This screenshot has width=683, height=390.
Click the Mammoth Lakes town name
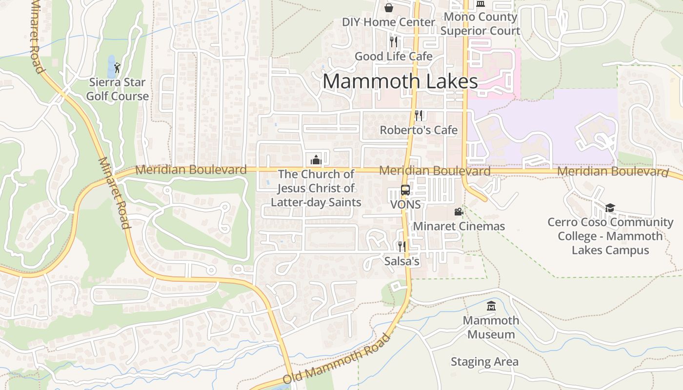point(400,81)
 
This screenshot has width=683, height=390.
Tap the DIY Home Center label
point(388,22)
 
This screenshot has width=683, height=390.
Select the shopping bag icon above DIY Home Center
point(389,7)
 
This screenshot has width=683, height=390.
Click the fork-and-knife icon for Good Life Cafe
point(394,41)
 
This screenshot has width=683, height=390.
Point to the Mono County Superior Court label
point(481,24)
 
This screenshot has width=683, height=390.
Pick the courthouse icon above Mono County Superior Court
point(481,4)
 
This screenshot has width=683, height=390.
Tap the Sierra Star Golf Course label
point(118,89)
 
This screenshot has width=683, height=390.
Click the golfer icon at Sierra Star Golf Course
point(117,68)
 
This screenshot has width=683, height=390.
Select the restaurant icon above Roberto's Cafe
point(419,116)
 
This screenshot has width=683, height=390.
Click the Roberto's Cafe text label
point(419,130)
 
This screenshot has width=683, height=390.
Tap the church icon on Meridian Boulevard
point(316,159)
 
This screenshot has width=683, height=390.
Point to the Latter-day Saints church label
point(316,188)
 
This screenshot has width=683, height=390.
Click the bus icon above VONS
point(405,190)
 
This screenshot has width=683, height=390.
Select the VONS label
point(405,205)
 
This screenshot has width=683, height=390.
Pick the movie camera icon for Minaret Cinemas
point(459,212)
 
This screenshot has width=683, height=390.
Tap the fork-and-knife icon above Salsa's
point(402,247)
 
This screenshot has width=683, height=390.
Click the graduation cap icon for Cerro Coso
point(610,208)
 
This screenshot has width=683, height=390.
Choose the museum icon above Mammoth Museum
point(491,306)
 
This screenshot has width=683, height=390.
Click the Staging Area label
point(484,362)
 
